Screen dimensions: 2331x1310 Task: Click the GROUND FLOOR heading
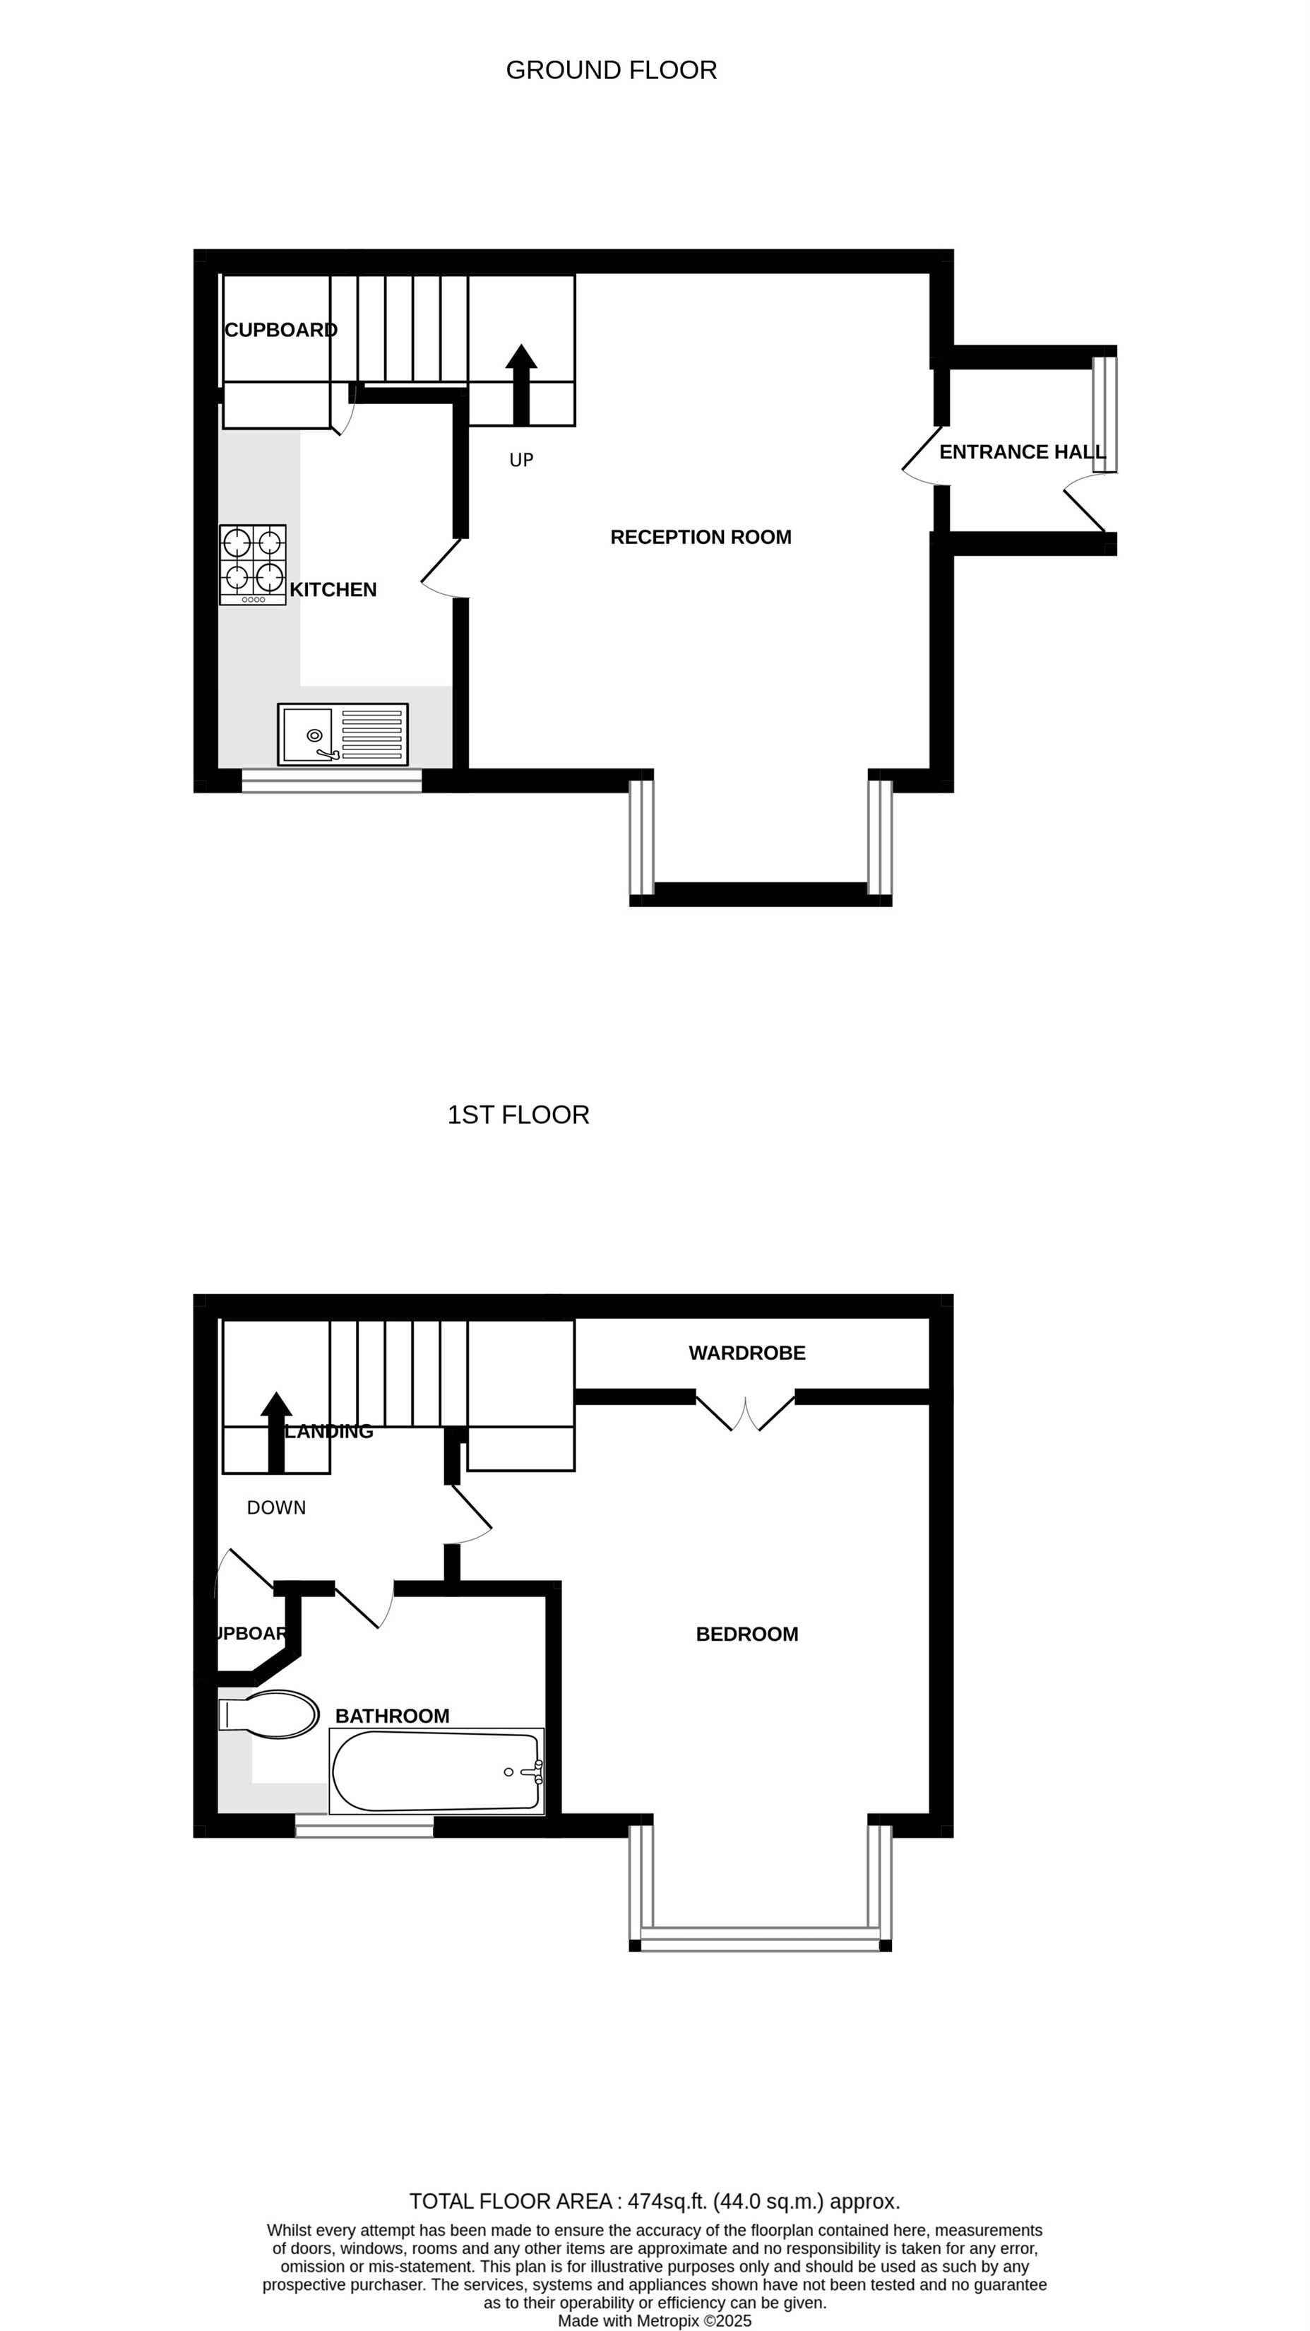(611, 70)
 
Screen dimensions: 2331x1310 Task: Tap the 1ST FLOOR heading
(518, 1114)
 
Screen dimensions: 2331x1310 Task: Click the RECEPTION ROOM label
(701, 537)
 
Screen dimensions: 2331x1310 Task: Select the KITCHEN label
(333, 590)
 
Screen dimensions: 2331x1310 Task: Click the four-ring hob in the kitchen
(252, 564)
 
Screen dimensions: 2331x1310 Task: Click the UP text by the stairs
(521, 461)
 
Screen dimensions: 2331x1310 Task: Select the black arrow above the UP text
(521, 384)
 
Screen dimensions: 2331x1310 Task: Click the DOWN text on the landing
(276, 1507)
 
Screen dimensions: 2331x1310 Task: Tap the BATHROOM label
(392, 1716)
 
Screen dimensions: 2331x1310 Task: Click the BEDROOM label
(746, 1635)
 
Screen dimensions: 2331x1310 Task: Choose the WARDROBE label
(746, 1353)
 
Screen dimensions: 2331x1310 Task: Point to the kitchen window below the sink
(331, 781)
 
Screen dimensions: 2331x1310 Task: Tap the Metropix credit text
(654, 2321)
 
